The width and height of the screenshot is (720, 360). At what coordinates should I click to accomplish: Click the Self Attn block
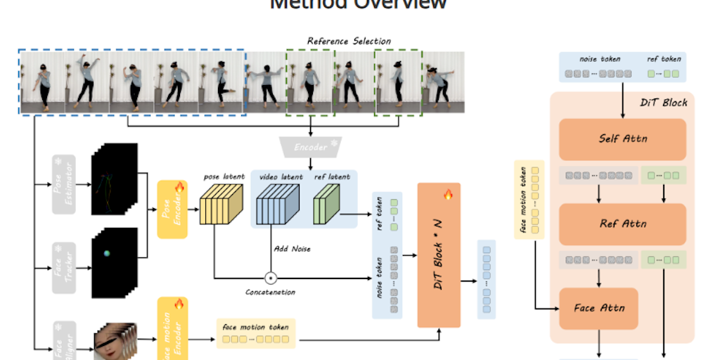click(622, 139)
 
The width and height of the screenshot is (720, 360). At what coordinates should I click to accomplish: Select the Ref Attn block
click(622, 224)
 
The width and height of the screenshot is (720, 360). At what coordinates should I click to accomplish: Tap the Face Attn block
click(598, 308)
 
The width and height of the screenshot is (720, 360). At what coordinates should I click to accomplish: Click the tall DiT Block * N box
click(443, 255)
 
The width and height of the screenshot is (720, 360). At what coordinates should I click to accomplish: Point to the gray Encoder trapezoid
click(310, 147)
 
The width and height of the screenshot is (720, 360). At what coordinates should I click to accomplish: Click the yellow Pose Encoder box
click(172, 209)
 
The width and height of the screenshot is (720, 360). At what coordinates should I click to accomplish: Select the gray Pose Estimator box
click(63, 184)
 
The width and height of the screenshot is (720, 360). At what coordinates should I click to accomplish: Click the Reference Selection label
click(349, 41)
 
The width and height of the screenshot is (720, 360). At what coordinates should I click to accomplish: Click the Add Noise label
click(291, 249)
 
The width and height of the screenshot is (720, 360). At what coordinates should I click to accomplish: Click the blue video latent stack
click(277, 206)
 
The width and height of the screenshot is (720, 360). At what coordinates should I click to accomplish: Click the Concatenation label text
click(270, 292)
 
